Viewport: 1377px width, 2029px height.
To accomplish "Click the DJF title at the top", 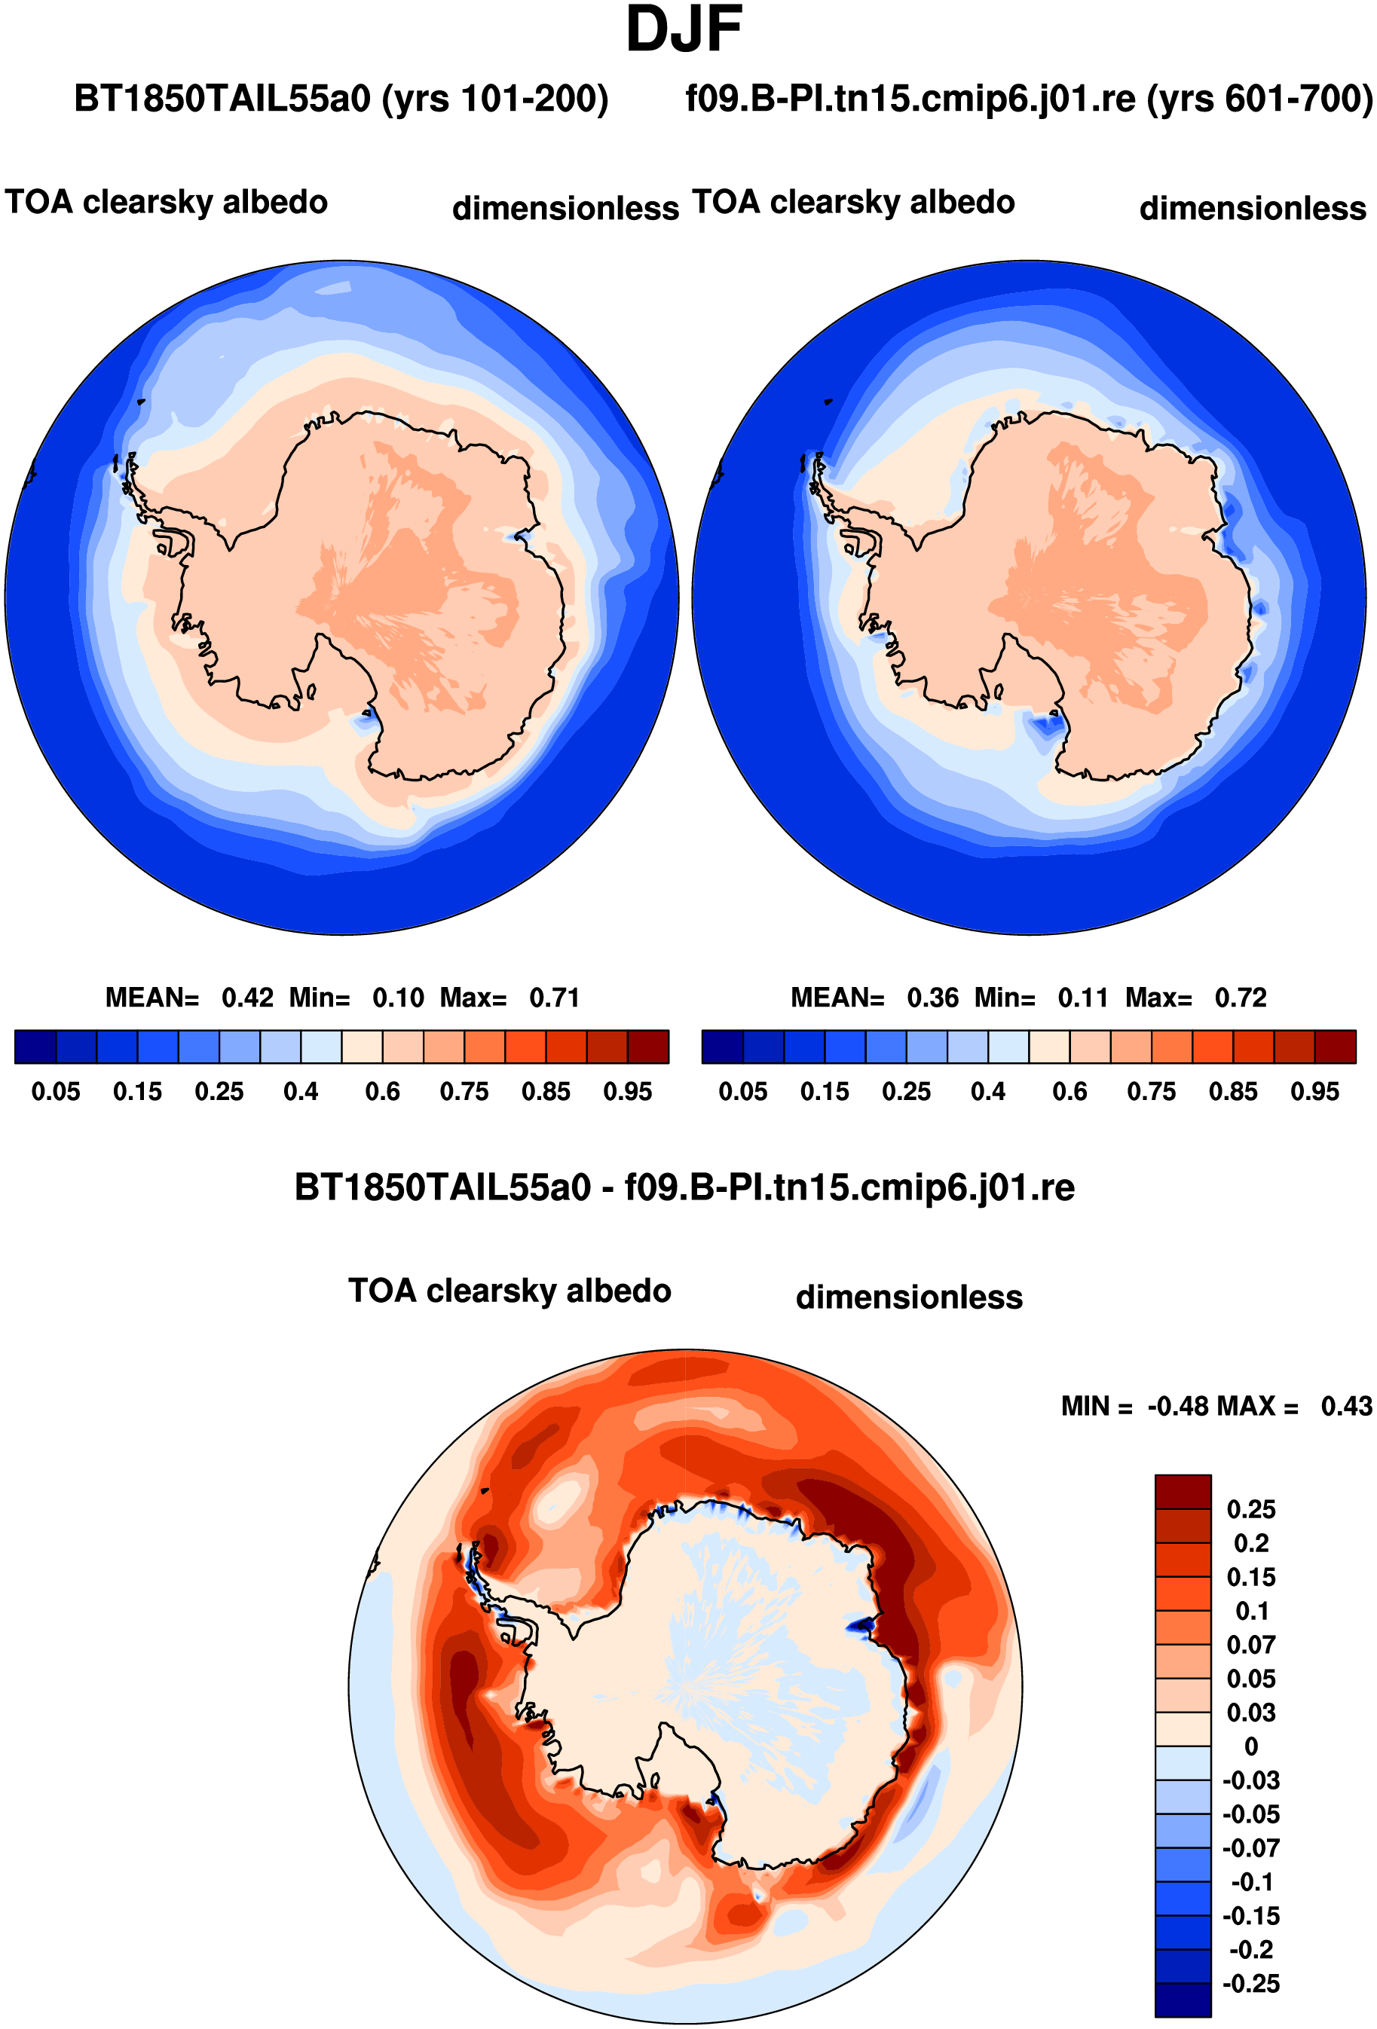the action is pyautogui.click(x=684, y=29).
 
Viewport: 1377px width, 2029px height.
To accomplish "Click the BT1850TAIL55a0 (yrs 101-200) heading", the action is pyautogui.click(x=341, y=99).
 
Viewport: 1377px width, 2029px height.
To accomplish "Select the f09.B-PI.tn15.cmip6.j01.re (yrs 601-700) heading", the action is pyautogui.click(x=1030, y=99).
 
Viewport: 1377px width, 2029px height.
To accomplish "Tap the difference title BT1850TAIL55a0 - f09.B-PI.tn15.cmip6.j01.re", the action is pyautogui.click(x=684, y=1187).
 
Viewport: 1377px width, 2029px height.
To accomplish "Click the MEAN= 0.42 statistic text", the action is pyautogui.click(x=189, y=997).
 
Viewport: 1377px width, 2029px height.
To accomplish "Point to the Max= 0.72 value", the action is pyautogui.click(x=1195, y=997).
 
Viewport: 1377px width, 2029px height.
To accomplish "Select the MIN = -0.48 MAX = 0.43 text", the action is pyautogui.click(x=1216, y=1406).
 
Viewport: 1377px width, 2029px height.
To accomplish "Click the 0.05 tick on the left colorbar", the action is pyautogui.click(x=56, y=1091).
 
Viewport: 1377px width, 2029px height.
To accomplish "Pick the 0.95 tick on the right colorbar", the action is pyautogui.click(x=1315, y=1091).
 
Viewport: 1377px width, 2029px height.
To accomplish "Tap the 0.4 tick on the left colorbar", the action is pyautogui.click(x=301, y=1091).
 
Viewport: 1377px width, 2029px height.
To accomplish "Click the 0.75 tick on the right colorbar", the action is pyautogui.click(x=1152, y=1091).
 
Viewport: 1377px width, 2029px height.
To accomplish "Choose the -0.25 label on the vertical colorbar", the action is pyautogui.click(x=1251, y=1983).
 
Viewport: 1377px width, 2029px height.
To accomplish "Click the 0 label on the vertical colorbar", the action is pyautogui.click(x=1251, y=1746).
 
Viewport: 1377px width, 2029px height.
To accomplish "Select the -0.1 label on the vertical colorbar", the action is pyautogui.click(x=1251, y=1881).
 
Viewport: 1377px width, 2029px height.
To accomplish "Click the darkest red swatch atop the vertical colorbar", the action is pyautogui.click(x=1183, y=1492).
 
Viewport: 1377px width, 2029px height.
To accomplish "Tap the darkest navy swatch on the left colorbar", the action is pyautogui.click(x=35, y=1047).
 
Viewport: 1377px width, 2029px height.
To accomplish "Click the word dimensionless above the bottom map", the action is pyautogui.click(x=909, y=1297).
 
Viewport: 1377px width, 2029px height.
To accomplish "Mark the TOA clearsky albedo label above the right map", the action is pyautogui.click(x=853, y=202).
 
